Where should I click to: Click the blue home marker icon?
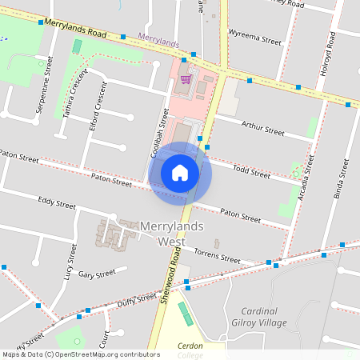tap(180, 172)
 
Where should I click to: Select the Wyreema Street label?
tap(255, 38)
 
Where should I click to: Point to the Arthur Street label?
tap(262, 129)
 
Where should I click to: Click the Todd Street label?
tap(251, 170)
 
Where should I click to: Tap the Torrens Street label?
tap(218, 257)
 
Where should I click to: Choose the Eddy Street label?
tap(57, 205)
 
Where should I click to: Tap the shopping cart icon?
tap(186, 79)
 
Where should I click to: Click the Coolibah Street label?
tap(158, 138)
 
